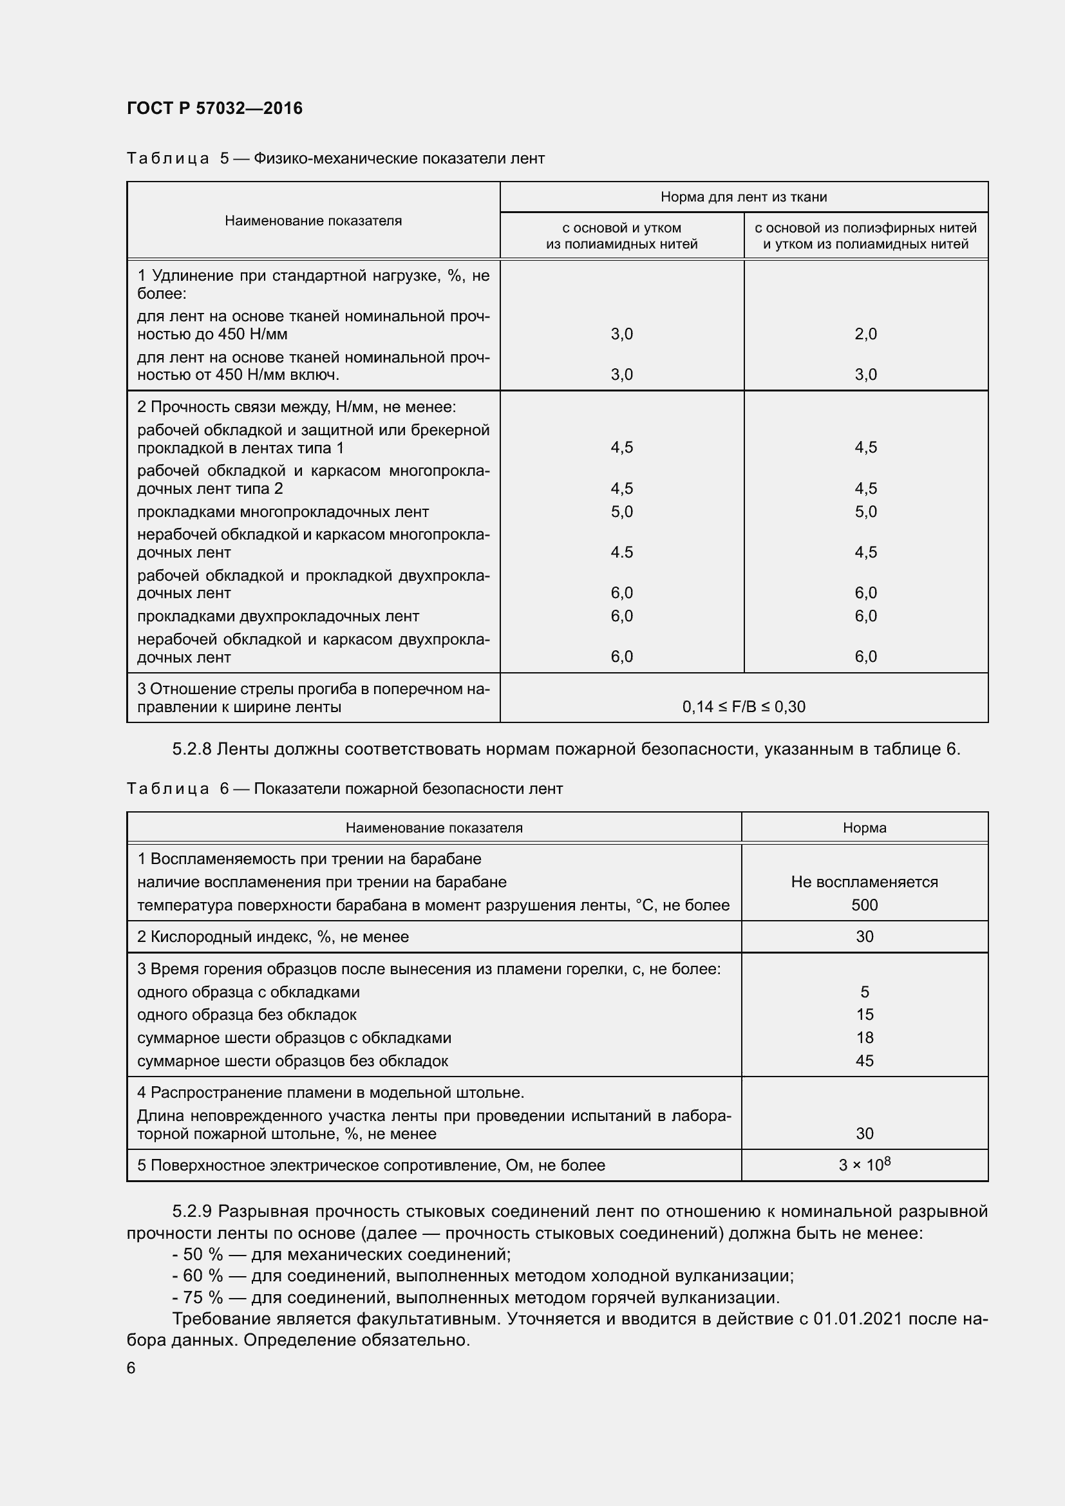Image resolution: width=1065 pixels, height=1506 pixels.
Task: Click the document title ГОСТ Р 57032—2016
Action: point(214,108)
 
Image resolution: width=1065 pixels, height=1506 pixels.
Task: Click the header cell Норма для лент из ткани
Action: point(743,197)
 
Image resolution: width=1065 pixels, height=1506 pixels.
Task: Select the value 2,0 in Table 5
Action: point(865,334)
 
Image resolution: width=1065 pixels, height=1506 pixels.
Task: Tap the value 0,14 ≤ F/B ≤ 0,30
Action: point(743,706)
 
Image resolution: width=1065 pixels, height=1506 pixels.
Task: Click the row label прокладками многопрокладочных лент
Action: point(283,512)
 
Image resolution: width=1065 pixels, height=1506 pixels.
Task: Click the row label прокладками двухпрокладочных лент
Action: point(278,616)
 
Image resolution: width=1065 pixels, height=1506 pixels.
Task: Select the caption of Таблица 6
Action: point(344,789)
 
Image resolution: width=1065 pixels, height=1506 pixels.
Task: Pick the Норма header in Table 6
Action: point(863,828)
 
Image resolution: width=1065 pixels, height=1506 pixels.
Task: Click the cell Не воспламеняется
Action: point(863,881)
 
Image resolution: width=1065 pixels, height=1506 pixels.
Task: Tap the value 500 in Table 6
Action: point(863,905)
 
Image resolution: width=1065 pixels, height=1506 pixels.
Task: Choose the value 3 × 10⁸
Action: point(863,1165)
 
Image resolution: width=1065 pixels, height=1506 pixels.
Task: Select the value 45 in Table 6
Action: point(863,1060)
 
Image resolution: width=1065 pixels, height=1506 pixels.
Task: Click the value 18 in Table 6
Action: point(863,1038)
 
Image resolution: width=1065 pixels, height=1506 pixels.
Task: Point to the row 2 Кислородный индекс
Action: point(273,937)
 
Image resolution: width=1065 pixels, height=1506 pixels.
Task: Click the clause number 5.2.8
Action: point(191,749)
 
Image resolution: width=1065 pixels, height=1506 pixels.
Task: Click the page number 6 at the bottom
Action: point(131,1368)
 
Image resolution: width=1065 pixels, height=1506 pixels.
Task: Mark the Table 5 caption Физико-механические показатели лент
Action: point(399,159)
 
